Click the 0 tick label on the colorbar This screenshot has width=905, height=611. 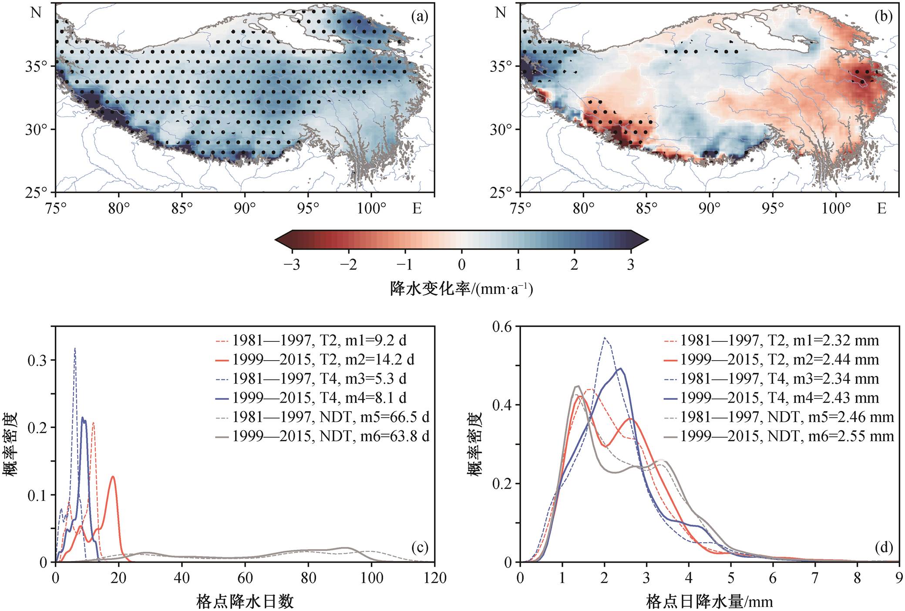[x=461, y=264]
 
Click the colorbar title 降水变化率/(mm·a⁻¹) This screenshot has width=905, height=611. [x=461, y=288]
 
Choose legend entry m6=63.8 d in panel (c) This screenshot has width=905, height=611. [x=323, y=436]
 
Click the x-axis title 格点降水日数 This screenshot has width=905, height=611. [x=245, y=601]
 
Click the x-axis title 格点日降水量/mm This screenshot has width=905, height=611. [x=710, y=601]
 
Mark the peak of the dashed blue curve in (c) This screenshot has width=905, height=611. [x=75, y=348]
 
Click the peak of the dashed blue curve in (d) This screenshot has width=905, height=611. [x=605, y=337]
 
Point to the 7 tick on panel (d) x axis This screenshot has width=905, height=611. [x=815, y=578]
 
